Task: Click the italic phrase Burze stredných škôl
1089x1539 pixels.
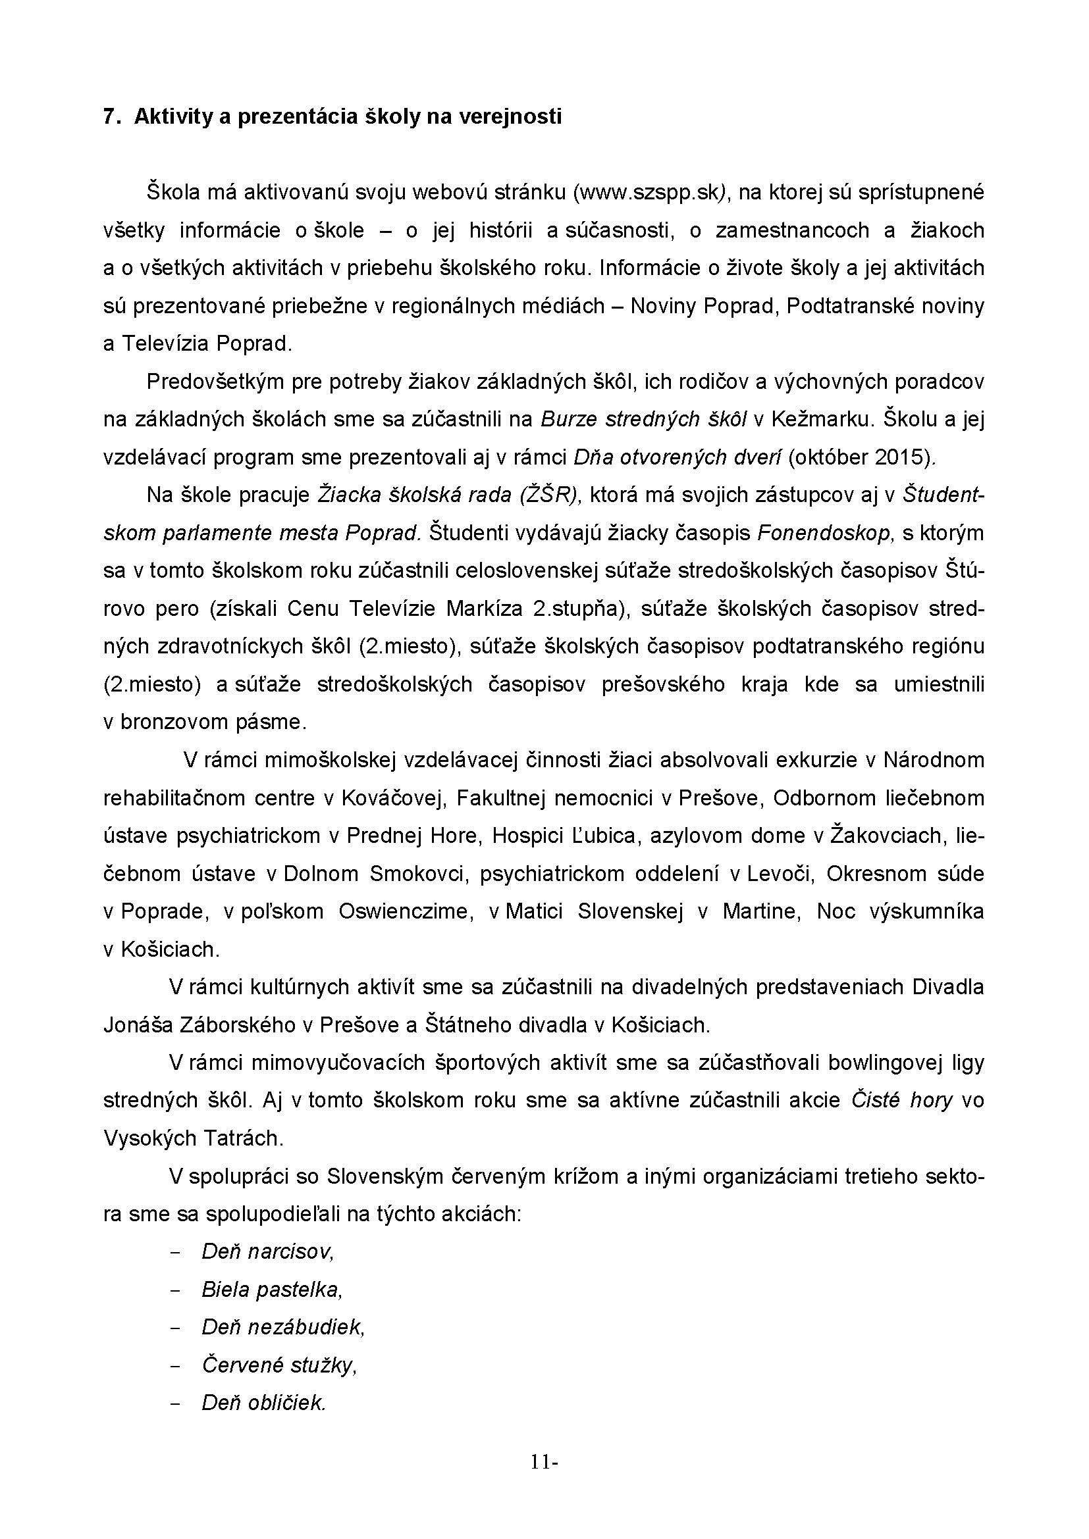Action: point(644,420)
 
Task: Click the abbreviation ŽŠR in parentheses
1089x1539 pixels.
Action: point(548,495)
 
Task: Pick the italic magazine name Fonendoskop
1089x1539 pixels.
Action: point(826,533)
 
